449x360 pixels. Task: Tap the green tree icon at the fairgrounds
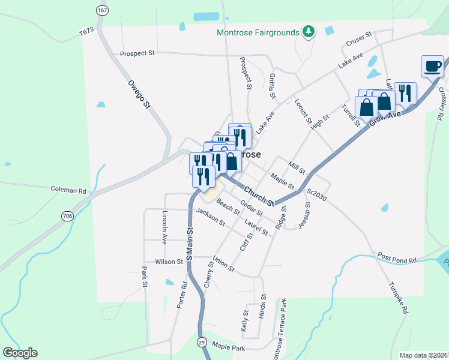[309, 31]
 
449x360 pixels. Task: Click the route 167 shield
[101, 10]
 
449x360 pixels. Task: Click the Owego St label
[138, 95]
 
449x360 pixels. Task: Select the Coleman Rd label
[69, 190]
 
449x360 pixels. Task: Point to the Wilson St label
[169, 262]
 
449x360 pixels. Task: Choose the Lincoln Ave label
[164, 228]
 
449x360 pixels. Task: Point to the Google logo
[20, 353]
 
